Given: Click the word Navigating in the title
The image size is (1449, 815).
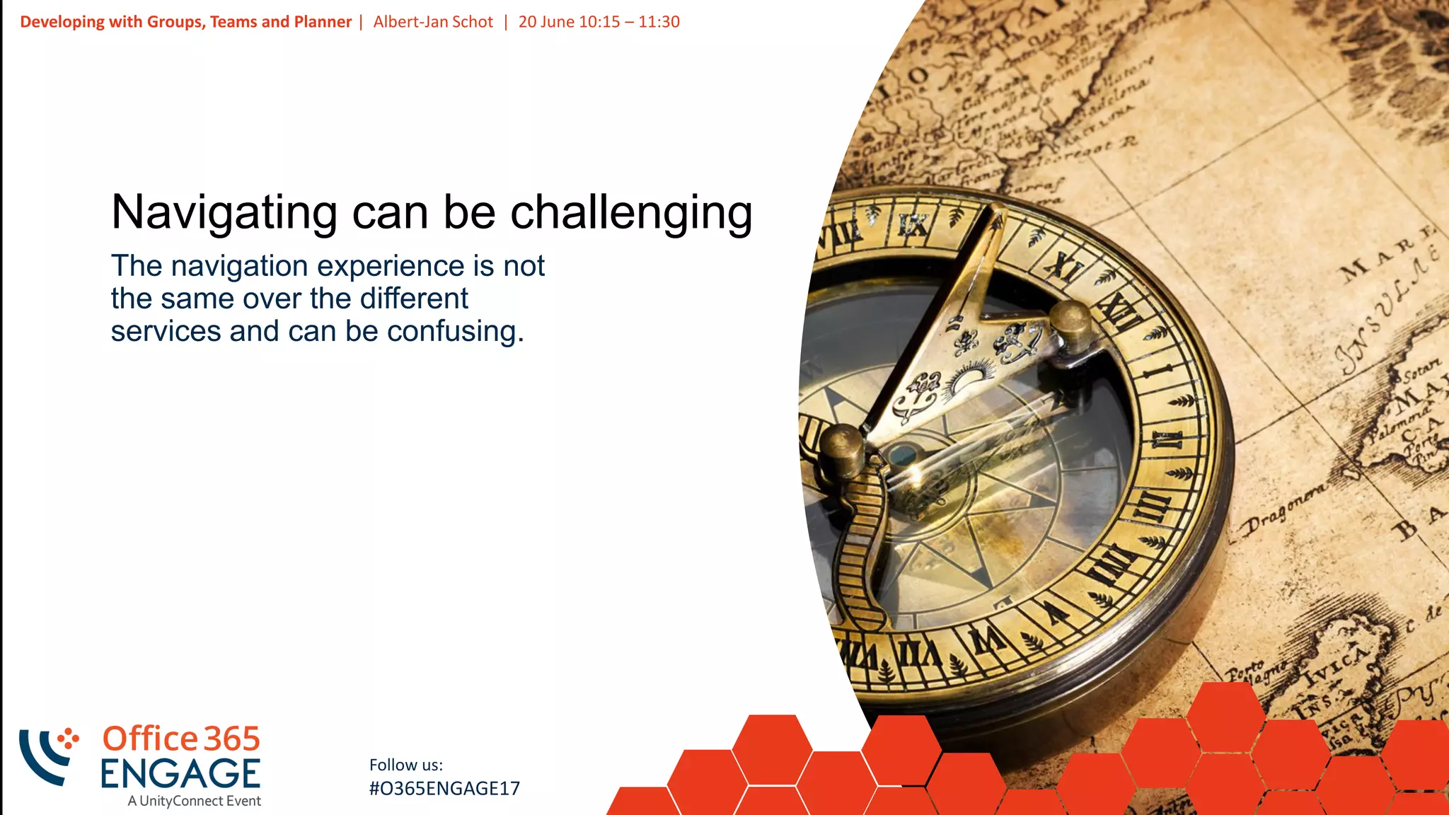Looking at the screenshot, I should pos(224,212).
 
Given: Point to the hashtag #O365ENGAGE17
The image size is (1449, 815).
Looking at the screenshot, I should pos(444,788).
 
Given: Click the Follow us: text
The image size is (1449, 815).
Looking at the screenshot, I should pos(406,765).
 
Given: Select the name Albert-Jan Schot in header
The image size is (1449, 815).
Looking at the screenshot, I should pos(433,22).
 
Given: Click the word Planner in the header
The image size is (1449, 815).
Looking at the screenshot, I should pos(323,22).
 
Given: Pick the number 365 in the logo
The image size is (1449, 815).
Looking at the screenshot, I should pos(232,739).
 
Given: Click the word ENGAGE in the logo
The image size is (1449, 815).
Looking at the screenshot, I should pos(180,773).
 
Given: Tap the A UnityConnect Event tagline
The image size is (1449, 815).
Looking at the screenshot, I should pos(195,801).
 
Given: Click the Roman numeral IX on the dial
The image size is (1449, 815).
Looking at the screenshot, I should pos(913,225).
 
